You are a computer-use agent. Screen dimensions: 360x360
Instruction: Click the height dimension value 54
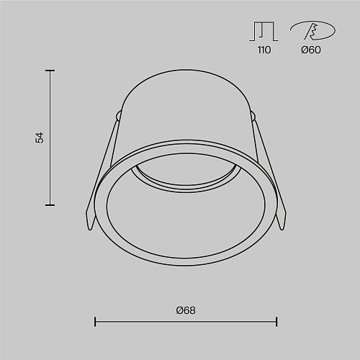40,138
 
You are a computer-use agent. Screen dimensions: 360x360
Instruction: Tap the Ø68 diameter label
186,310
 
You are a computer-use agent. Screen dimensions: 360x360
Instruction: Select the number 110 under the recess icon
264,50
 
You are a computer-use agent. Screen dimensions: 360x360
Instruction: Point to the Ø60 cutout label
311,50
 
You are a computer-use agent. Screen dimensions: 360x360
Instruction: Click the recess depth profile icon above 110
264,32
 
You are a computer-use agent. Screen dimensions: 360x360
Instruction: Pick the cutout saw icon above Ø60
312,30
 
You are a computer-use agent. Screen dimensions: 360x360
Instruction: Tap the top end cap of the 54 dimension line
50,71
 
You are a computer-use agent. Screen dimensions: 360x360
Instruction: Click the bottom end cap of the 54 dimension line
50,205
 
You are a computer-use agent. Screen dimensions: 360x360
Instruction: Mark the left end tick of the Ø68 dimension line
95,322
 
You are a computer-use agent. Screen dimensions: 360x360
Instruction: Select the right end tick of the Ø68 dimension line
276,322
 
